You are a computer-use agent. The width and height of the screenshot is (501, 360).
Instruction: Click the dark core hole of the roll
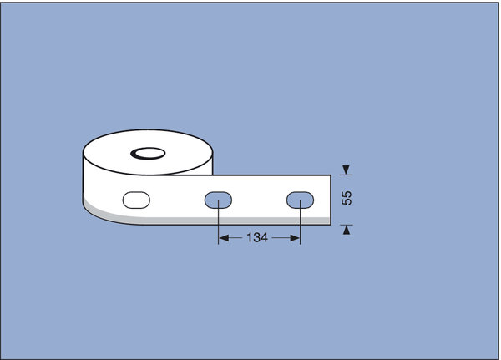(x=148, y=154)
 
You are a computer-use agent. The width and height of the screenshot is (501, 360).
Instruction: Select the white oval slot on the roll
(x=136, y=200)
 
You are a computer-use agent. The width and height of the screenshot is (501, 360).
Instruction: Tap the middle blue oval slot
(x=218, y=200)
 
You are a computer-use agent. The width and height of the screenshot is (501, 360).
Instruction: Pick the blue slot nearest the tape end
(x=300, y=200)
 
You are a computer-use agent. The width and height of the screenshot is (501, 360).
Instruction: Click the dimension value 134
(x=257, y=237)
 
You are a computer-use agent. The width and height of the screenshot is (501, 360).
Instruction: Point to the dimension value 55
(x=347, y=198)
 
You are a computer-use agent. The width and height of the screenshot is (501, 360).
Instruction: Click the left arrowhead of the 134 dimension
(x=224, y=238)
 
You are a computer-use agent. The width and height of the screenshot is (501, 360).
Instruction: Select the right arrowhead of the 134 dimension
(x=295, y=238)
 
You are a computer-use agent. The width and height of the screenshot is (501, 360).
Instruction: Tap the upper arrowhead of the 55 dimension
(x=346, y=170)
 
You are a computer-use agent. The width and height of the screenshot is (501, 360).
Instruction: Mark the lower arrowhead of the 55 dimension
(x=346, y=230)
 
